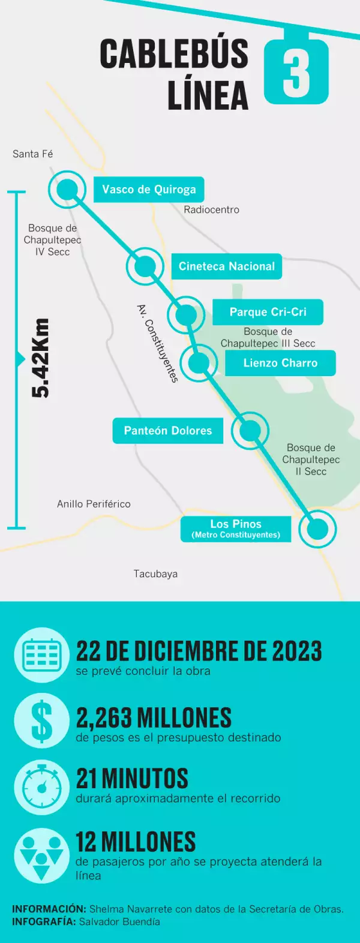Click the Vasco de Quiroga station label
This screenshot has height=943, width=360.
coord(149,190)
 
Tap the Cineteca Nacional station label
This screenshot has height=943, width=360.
coord(226,266)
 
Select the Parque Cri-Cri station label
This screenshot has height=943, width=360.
coord(268,312)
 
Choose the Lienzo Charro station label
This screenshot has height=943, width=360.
coord(280,363)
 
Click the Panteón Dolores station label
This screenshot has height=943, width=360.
coord(168,431)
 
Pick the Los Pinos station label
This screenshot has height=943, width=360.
coord(236,528)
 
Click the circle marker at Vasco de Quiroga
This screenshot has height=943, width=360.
coord(67,190)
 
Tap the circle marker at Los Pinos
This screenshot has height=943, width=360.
coord(317,529)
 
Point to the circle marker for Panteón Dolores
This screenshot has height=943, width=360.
coord(250,430)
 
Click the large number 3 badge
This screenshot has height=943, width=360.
coord(296,73)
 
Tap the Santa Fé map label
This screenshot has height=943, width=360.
coord(33,154)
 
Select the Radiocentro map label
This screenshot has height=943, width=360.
coord(211,210)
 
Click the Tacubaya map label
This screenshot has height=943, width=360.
coord(155,574)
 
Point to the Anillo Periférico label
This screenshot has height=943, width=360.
coord(94,504)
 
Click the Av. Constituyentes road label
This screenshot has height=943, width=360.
coord(157,343)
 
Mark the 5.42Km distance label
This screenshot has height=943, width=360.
coord(41,358)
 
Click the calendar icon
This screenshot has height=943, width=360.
coord(41,655)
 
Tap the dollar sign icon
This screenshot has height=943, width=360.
coord(41,721)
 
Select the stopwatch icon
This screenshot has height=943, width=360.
coord(41,786)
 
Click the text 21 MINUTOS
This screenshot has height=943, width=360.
coord(132,779)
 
